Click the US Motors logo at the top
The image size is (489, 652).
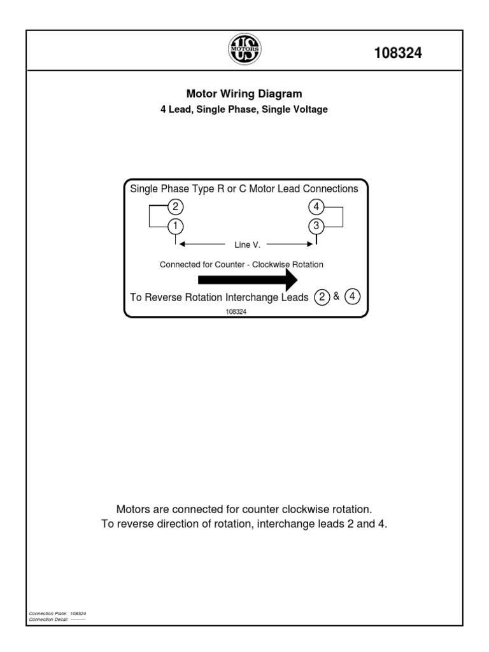244,50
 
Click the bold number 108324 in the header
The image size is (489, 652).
398,53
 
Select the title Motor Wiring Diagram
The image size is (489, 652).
244,94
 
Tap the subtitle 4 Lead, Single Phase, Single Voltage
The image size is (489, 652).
244,110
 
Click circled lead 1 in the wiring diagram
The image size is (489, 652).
175,225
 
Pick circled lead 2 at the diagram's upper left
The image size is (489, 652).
175,206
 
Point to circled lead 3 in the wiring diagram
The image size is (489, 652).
316,225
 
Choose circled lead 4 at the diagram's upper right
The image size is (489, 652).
316,206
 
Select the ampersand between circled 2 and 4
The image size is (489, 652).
336,297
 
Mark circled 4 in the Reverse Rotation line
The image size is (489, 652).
352,297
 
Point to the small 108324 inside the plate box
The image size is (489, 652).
236,312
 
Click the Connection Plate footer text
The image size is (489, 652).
57,613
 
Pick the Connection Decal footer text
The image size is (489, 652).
57,619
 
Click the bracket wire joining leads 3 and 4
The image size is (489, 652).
343,216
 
